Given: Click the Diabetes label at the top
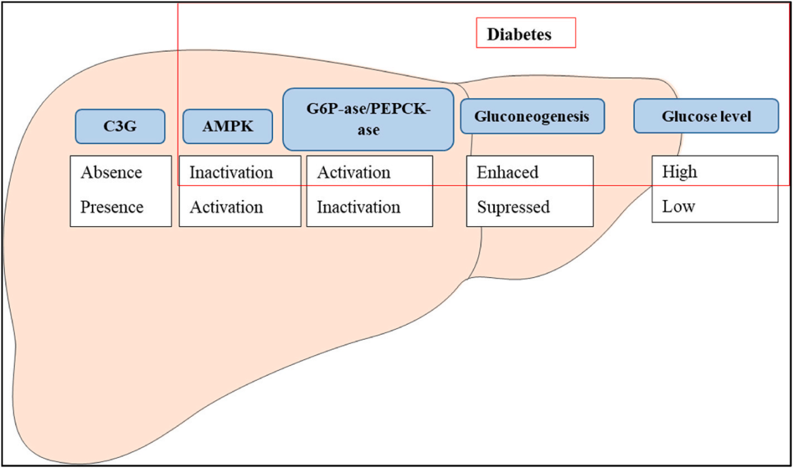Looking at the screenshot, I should point(519,34).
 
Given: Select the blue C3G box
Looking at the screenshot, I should point(120,127).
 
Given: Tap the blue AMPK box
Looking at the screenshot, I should point(227,127).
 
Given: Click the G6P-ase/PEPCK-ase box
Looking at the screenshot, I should point(368,119).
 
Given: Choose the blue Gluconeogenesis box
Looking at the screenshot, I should point(532,116).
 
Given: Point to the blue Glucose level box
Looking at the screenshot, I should point(706,116).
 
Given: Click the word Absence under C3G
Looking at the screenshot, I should point(111,172).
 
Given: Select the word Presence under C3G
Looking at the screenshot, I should point(112,207).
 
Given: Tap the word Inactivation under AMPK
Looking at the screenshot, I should point(231,172).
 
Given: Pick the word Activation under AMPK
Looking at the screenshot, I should point(226,207).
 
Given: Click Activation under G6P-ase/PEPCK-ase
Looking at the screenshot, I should point(354,172).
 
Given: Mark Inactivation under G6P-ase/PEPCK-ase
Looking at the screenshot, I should point(359,207).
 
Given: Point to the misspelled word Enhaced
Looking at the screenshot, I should point(507,172).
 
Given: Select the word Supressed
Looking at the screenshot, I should point(514,207).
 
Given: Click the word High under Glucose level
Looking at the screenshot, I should point(679,172).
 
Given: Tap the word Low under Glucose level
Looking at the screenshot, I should point(678,207).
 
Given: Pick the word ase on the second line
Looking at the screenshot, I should point(368,131).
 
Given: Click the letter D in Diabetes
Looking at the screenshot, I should point(492,34).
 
